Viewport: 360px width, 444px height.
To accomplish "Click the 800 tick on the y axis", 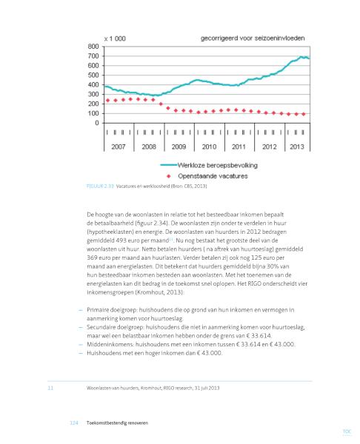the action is [93, 47].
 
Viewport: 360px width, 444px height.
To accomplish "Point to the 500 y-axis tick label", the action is [93, 75].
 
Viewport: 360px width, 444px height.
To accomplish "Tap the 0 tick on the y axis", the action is [97, 123].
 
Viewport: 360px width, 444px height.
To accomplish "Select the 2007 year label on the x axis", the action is [119, 147].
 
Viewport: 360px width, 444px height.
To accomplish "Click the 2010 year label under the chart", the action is [209, 147].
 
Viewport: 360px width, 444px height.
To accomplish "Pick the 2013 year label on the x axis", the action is [297, 147].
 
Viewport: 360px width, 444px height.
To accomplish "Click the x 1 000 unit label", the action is [115, 38].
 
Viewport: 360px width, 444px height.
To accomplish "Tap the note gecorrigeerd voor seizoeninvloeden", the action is [253, 38].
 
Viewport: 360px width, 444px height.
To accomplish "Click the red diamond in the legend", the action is [169, 176].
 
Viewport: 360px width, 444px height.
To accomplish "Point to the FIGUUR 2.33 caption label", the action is [100, 186].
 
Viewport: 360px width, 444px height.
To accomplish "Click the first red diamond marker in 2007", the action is [107, 100].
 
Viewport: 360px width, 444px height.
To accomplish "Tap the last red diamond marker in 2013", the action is [304, 114].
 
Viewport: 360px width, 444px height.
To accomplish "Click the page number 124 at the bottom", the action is [73, 423].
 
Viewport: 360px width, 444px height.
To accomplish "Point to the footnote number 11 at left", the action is [50, 388].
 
